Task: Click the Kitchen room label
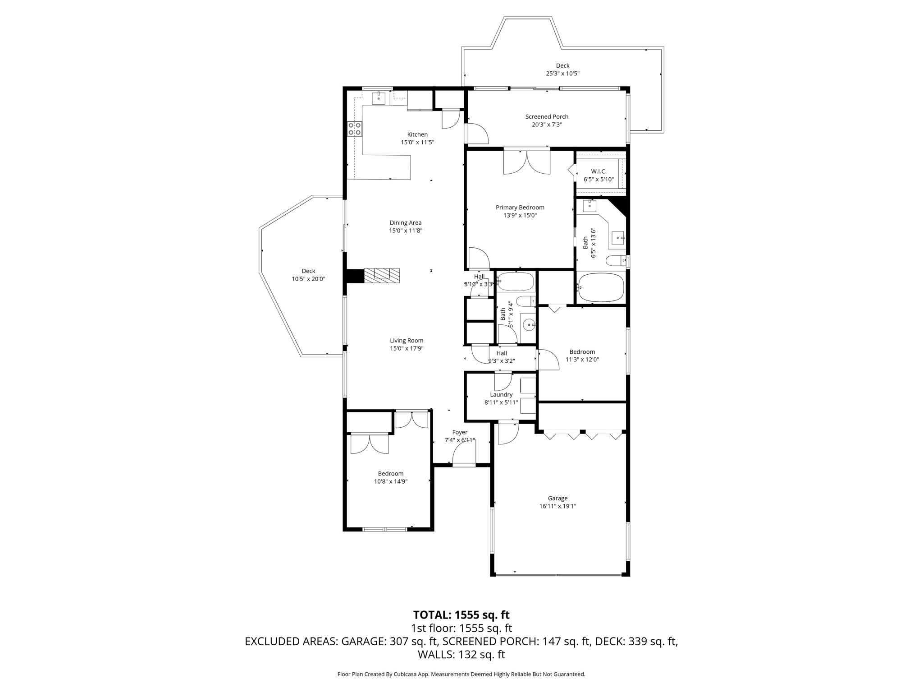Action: [417, 134]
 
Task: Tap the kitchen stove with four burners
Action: [354, 129]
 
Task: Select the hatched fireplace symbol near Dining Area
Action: [382, 275]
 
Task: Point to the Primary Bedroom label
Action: [520, 208]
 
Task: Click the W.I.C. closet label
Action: [599, 171]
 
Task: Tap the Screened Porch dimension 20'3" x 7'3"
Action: [547, 125]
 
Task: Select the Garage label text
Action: [557, 498]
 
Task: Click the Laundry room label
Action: [501, 394]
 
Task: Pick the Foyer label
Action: [460, 432]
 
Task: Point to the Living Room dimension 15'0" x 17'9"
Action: [407, 348]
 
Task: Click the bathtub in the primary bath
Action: [601, 287]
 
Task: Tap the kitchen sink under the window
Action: [379, 98]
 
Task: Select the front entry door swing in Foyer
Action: [464, 453]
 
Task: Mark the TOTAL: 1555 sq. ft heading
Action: [461, 615]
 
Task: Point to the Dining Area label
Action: [405, 222]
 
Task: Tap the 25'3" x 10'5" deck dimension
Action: [562, 74]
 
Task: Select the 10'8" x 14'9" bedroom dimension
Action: [390, 481]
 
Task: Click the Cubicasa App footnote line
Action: [461, 674]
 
